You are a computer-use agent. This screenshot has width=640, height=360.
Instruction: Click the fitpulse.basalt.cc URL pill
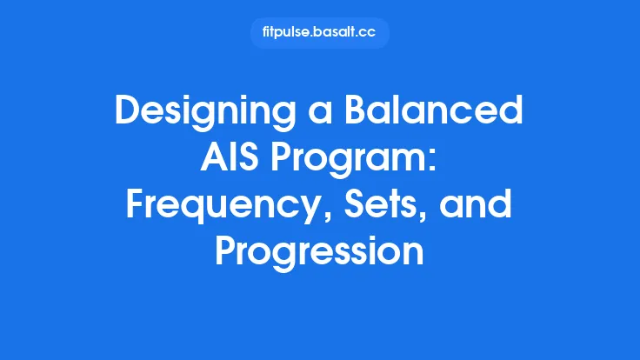[319, 33]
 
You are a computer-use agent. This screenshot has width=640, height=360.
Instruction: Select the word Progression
[319, 253]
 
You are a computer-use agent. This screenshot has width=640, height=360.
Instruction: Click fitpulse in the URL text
[283, 33]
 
